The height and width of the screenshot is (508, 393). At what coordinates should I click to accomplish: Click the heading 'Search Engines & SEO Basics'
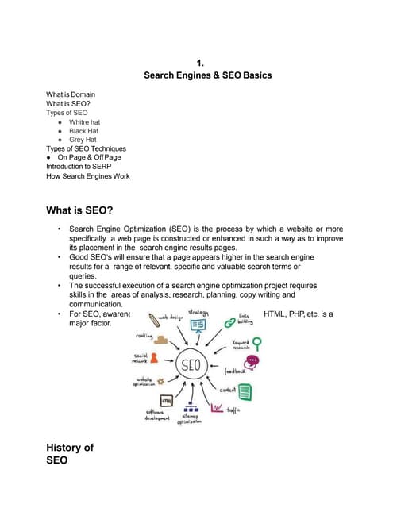click(207, 75)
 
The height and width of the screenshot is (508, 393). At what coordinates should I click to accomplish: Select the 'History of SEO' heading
click(70, 455)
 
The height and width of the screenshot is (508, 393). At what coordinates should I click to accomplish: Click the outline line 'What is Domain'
click(71, 94)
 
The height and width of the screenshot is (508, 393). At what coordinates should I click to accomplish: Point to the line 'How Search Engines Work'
click(87, 175)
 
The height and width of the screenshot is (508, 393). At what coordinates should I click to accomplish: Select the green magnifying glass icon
click(256, 343)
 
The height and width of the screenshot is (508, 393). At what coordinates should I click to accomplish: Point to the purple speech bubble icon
click(252, 361)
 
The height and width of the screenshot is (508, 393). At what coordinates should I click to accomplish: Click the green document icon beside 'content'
click(245, 391)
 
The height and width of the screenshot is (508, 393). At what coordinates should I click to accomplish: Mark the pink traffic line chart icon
click(218, 407)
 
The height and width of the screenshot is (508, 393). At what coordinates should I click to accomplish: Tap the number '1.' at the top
click(202, 62)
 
